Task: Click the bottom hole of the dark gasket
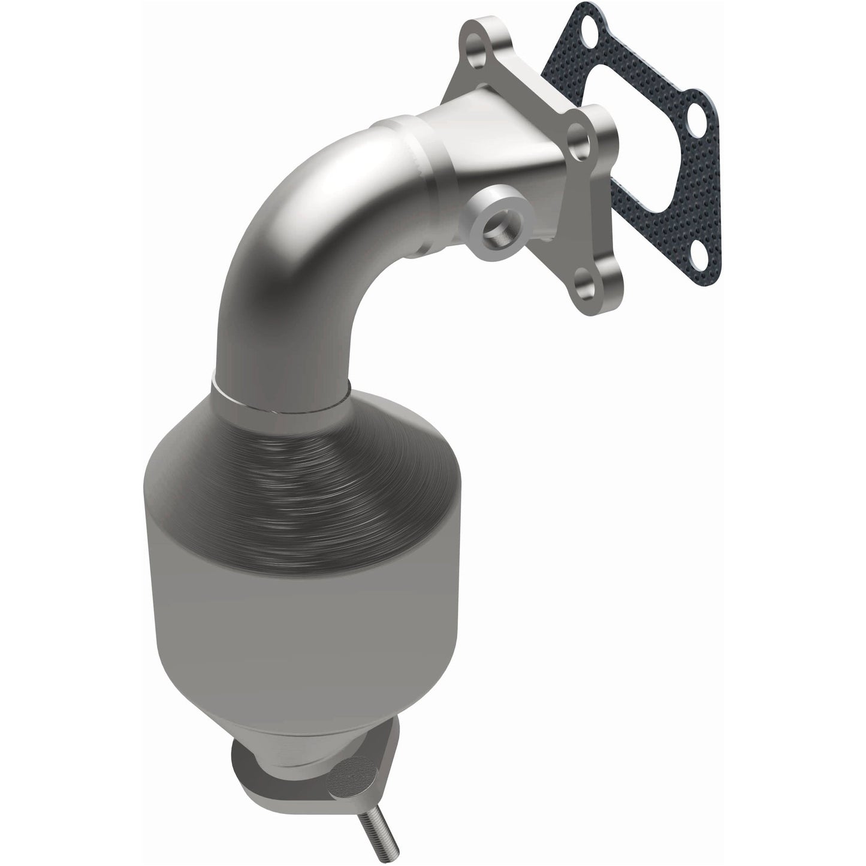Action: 699,261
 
